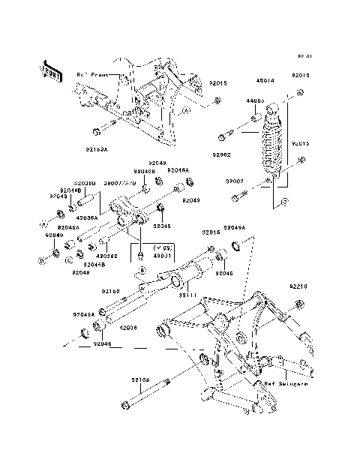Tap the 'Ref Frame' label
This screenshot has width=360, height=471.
click(92, 74)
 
